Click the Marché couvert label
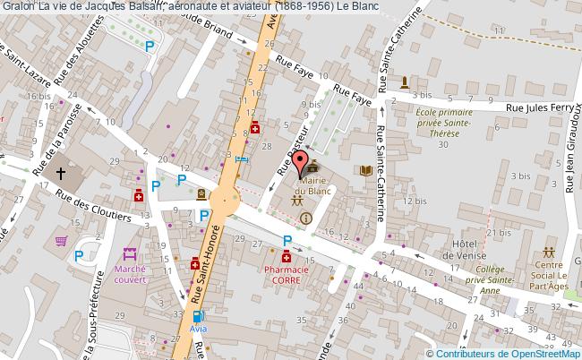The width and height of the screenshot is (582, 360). [130, 274]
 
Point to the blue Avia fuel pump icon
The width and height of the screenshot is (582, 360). [197, 316]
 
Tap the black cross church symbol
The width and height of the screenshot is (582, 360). [62, 173]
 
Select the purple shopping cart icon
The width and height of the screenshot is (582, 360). [61, 240]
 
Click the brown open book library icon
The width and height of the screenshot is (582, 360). [365, 170]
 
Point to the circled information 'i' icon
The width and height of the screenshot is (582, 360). [306, 218]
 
